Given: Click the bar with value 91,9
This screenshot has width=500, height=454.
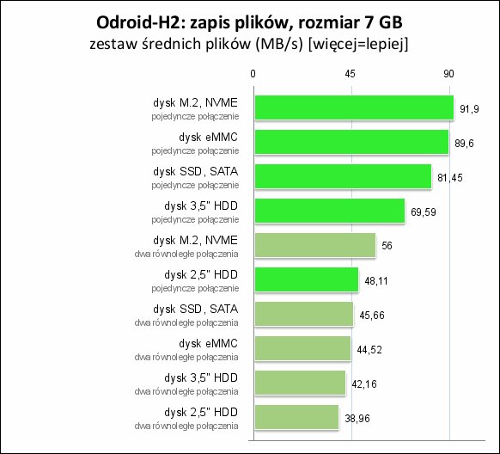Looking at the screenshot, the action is [x=354, y=107].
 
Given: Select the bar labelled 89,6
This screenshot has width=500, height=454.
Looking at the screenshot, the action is [x=351, y=142].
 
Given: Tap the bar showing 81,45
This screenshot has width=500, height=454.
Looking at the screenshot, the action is [x=343, y=176].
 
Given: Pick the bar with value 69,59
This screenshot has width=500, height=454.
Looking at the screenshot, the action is [x=330, y=211].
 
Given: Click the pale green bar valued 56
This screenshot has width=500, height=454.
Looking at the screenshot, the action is [x=315, y=245].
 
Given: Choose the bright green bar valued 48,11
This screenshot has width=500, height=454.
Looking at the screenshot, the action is [x=307, y=279].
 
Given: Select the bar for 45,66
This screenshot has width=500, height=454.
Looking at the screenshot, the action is [x=304, y=314].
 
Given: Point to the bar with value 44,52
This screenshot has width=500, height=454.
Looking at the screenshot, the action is [x=302, y=348].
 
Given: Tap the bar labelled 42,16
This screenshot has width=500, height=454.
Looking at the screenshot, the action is [x=300, y=383].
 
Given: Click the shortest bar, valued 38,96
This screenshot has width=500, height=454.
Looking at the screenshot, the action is [x=296, y=417].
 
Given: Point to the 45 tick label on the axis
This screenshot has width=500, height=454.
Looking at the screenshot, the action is [x=350, y=74].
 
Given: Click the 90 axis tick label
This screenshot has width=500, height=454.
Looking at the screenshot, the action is [x=448, y=74].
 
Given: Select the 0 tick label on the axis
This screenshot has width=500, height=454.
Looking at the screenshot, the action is [x=253, y=74].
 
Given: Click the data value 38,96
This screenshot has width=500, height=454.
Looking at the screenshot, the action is [x=357, y=418].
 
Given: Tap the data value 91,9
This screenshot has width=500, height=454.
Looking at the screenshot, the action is [x=469, y=109].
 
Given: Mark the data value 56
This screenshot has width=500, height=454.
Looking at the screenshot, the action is [x=387, y=246].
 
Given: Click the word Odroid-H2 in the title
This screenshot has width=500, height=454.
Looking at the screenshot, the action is [x=137, y=22].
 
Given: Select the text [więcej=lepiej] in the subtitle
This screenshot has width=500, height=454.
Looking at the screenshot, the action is [x=358, y=45].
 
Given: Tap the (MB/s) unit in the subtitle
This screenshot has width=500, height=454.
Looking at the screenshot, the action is [x=278, y=45].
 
